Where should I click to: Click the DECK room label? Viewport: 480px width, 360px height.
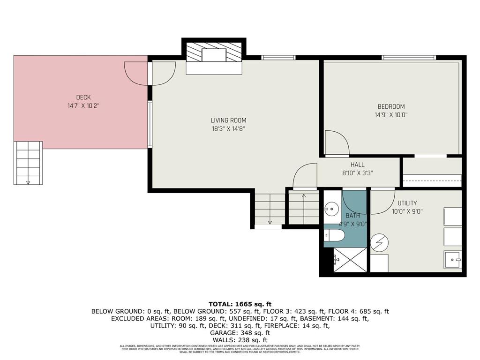pos(83,97)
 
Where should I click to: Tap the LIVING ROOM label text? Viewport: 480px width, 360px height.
pos(228,120)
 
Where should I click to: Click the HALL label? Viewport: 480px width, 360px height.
pos(357,165)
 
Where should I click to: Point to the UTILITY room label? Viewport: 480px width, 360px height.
pos(407,203)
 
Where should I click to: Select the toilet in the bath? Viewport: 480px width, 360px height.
pos(335,236)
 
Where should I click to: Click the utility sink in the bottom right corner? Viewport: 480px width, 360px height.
pos(452,259)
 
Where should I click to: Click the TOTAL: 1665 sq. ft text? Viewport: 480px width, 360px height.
pos(240,304)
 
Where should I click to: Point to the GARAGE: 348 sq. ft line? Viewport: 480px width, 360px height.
pos(240,332)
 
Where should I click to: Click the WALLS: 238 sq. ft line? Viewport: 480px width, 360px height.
pos(240,340)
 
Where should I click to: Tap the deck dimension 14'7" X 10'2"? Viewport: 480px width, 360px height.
pos(83,106)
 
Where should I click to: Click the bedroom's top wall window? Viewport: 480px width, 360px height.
pos(409,58)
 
